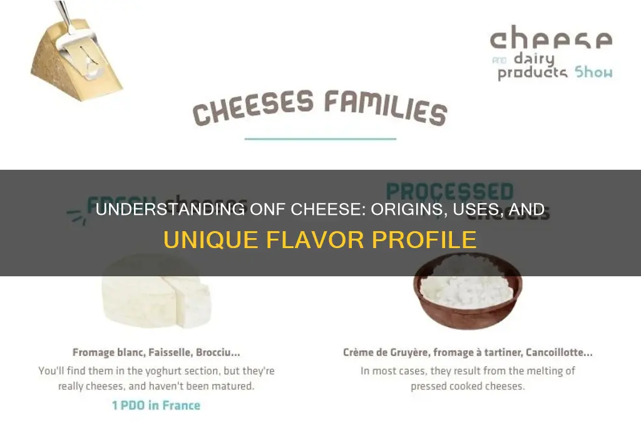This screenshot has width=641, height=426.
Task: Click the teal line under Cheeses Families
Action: click(x=320, y=138)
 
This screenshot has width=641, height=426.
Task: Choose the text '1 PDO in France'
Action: click(x=156, y=405)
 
